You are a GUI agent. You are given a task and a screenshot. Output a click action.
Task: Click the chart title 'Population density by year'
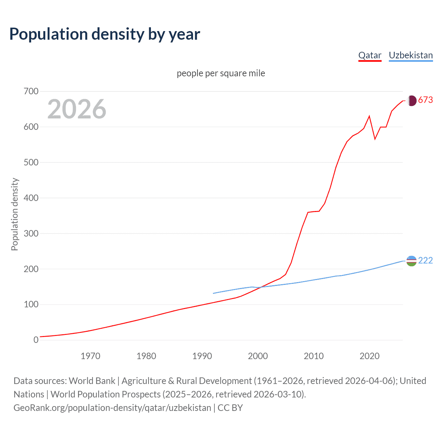pyautogui.click(x=105, y=34)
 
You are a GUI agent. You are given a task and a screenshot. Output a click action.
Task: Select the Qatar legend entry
pyautogui.click(x=369, y=55)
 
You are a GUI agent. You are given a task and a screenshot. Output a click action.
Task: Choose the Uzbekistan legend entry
pyautogui.click(x=411, y=55)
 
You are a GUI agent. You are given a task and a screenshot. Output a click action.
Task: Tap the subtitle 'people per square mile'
pyautogui.click(x=221, y=73)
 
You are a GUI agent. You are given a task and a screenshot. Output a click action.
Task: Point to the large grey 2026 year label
pyautogui.click(x=77, y=109)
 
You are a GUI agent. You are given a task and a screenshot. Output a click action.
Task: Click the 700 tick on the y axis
pyautogui.click(x=31, y=92)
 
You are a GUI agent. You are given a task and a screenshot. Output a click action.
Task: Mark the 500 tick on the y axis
pyautogui.click(x=31, y=162)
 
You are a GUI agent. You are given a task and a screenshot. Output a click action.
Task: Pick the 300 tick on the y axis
pyautogui.click(x=31, y=233)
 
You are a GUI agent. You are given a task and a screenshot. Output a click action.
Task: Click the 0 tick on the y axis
pyautogui.click(x=36, y=340)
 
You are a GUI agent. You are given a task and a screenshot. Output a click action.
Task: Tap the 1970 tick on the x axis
pyautogui.click(x=90, y=356)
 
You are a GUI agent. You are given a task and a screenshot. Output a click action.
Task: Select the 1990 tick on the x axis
pyautogui.click(x=202, y=356)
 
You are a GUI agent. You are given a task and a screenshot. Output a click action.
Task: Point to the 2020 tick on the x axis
pyautogui.click(x=369, y=356)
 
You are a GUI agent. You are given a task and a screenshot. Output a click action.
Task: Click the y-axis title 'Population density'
pyautogui.click(x=15, y=214)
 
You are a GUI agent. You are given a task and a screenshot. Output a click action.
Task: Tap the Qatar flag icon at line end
pyautogui.click(x=411, y=100)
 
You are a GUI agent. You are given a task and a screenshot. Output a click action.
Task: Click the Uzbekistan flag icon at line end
pyautogui.click(x=411, y=261)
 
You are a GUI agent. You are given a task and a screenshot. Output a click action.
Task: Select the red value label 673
pyautogui.click(x=425, y=100)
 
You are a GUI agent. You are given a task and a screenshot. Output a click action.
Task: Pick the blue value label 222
pyautogui.click(x=425, y=261)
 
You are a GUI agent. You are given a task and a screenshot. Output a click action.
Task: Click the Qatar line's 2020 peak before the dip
pyautogui.click(x=369, y=116)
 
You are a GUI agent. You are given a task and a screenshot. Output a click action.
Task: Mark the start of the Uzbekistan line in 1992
pyautogui.click(x=213, y=293)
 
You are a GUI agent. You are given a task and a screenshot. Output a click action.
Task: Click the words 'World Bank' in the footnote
pyautogui.click(x=92, y=381)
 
